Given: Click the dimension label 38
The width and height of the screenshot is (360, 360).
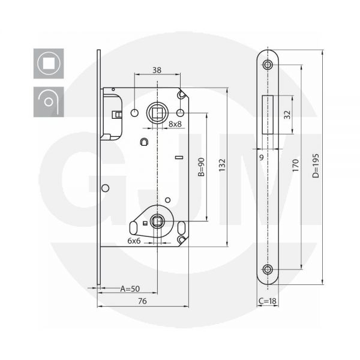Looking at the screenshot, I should [x=157, y=70].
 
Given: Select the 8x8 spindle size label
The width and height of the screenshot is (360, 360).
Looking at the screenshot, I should [x=176, y=124].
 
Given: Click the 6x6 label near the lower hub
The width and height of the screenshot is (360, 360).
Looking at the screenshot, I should [x=134, y=240].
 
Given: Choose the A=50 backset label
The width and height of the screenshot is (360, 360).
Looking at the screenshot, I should [x=130, y=289].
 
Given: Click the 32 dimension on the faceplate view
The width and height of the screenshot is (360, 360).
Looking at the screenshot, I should [x=287, y=114].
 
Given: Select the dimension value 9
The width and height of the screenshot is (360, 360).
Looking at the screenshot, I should [x=262, y=157].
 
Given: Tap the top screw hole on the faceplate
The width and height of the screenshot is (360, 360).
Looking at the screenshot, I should [x=268, y=64].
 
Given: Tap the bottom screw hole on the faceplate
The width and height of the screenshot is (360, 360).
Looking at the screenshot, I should [x=268, y=269].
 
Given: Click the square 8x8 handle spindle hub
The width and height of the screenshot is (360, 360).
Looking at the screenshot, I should [x=157, y=112].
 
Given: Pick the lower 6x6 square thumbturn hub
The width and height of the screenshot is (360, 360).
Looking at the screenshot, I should [x=157, y=222].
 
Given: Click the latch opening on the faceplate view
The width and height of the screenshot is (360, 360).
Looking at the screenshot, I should [x=268, y=114].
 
